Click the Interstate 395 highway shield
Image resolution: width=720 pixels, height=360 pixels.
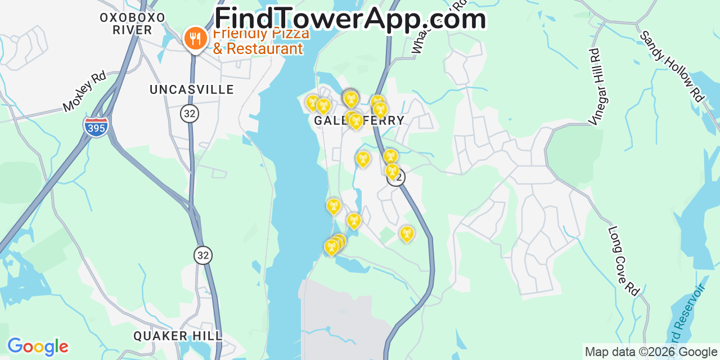click(x=96, y=127)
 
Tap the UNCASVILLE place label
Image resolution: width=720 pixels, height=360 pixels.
click(x=192, y=89)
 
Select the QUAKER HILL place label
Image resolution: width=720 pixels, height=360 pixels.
click(x=178, y=336)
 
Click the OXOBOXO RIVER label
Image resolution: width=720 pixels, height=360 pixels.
click(x=133, y=24)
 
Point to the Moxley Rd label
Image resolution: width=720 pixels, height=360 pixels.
click(x=84, y=91)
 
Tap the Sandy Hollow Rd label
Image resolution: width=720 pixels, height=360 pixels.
click(x=672, y=66)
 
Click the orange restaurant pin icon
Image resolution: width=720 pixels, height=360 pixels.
click(x=195, y=39)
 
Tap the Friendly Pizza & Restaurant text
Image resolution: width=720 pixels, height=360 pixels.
click(x=260, y=41)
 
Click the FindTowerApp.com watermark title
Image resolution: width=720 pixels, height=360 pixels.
click(x=350, y=18)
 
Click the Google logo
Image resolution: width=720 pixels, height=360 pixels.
click(x=38, y=346)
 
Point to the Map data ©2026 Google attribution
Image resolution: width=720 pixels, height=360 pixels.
click(x=651, y=352)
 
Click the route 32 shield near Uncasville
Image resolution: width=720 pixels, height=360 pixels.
click(x=190, y=114)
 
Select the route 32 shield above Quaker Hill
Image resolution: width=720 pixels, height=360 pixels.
click(x=203, y=255)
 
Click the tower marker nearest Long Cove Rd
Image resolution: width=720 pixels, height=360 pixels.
click(x=406, y=233)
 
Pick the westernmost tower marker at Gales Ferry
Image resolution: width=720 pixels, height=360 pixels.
click(x=312, y=102)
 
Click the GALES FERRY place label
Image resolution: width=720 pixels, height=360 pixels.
click(x=359, y=120)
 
